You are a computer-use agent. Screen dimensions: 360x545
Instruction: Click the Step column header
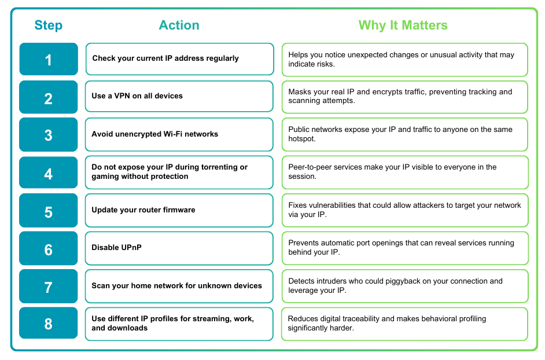(x=48, y=25)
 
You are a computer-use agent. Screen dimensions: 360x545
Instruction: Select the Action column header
(x=179, y=25)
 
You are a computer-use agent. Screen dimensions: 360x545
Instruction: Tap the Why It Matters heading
(x=403, y=25)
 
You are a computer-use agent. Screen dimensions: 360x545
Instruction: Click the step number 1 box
(x=49, y=59)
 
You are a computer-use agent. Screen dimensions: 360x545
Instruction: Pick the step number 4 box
(x=49, y=172)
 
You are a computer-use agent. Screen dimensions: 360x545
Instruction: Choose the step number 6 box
(x=49, y=248)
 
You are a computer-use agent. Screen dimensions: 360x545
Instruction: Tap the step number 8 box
(x=49, y=323)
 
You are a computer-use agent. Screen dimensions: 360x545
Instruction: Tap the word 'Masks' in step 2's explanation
(x=300, y=92)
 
